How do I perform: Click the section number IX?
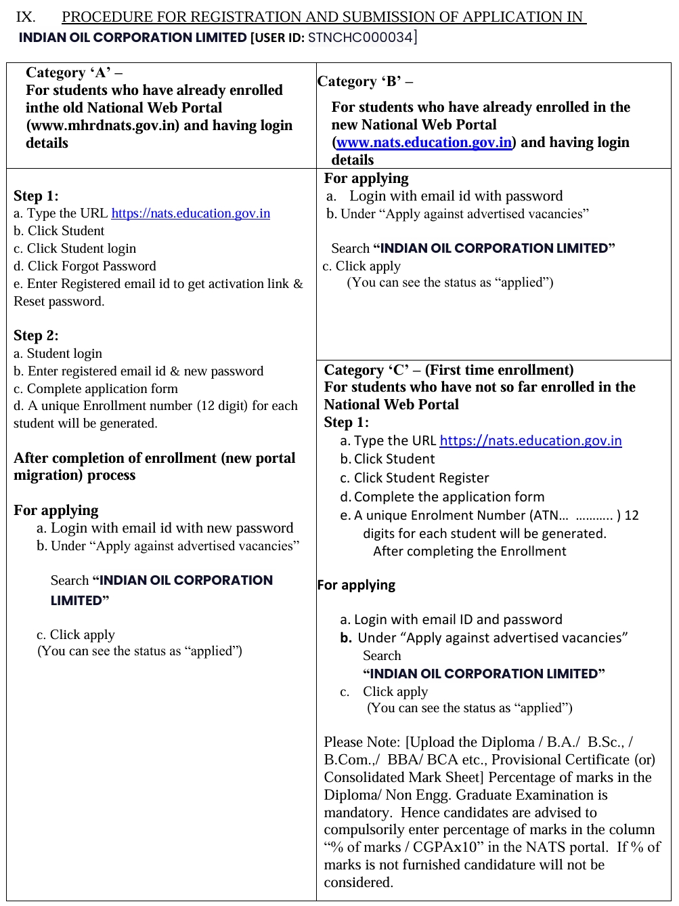pyautogui.click(x=26, y=16)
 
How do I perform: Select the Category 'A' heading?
pyautogui.click(x=74, y=73)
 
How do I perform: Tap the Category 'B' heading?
pyautogui.click(x=365, y=81)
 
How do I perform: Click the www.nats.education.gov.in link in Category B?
pyautogui.click(x=424, y=142)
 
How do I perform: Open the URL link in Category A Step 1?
pyautogui.click(x=190, y=213)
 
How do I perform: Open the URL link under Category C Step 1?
pyautogui.click(x=530, y=440)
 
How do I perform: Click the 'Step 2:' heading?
pyautogui.click(x=36, y=335)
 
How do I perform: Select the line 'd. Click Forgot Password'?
pyautogui.click(x=85, y=266)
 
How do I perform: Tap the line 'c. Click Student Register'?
pyautogui.click(x=414, y=478)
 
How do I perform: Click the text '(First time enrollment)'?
pyautogui.click(x=499, y=370)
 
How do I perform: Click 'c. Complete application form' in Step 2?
pyautogui.click(x=95, y=388)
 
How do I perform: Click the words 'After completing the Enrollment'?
pyautogui.click(x=469, y=551)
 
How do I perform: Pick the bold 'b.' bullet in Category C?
pyautogui.click(x=346, y=638)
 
